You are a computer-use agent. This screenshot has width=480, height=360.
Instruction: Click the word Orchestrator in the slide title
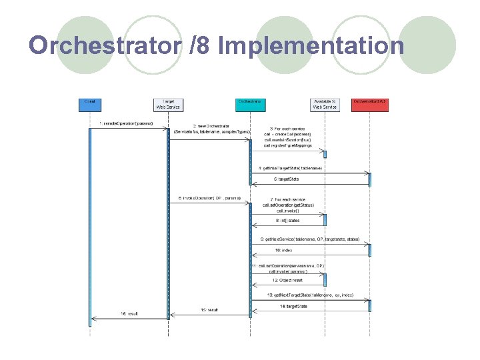point(103,45)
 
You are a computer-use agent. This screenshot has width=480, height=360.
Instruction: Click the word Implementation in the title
point(310,45)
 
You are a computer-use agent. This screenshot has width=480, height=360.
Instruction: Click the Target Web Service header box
point(168,104)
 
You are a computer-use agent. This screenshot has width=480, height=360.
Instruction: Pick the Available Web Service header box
point(325,104)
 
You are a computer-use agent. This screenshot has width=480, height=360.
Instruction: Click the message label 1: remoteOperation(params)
point(126,123)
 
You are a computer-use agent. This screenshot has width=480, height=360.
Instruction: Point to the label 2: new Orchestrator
point(211,125)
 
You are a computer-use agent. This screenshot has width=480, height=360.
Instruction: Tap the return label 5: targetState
point(287,179)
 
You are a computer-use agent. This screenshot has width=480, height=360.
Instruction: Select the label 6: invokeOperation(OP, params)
point(209,198)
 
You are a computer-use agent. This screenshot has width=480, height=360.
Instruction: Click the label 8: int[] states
point(287,219)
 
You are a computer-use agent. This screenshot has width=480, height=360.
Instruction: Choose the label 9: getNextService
point(309,239)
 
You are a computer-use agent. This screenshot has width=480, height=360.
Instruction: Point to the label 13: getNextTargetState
point(310,295)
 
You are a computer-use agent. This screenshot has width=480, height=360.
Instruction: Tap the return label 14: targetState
point(293,306)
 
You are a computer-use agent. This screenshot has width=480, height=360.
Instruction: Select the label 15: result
point(209,310)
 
